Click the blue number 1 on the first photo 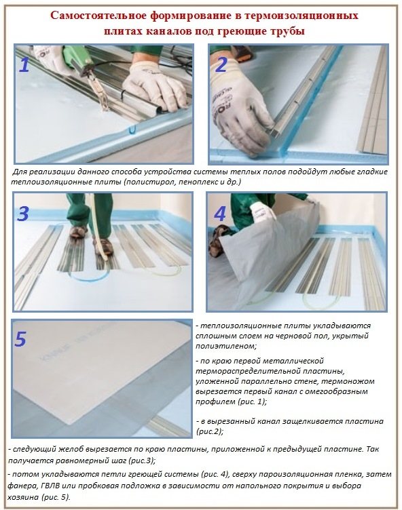(24, 65)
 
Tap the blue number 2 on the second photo (221, 64)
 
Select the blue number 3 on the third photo (24, 214)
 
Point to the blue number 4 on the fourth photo (220, 214)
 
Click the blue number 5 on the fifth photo (20, 339)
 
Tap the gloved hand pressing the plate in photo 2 (241, 107)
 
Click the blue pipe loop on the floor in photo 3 (88, 277)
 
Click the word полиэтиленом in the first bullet (225, 346)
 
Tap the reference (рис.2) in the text (210, 431)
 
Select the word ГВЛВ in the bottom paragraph (52, 486)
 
